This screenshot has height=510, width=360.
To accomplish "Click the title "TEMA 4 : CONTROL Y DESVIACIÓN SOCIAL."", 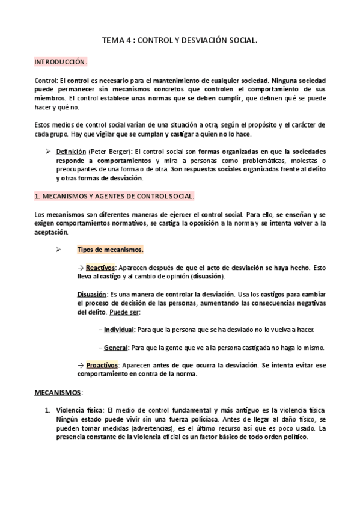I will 180,41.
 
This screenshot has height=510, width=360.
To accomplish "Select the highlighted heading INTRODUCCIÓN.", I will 60,62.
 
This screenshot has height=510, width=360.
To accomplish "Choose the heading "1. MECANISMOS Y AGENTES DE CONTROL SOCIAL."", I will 114,197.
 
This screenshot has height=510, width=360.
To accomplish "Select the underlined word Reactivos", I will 100,268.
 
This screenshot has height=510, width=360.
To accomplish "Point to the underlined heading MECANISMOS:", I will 57,392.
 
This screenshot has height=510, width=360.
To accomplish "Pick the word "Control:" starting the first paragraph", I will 46,80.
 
